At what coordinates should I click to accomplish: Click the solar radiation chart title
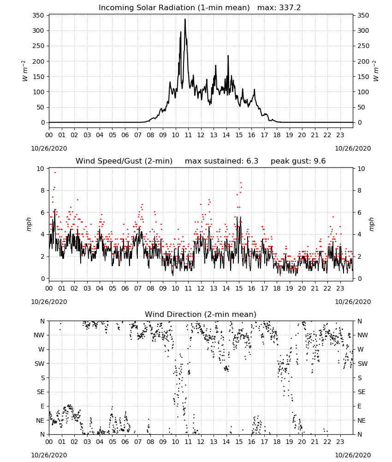pos(200,7)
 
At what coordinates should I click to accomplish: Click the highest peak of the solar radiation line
pos(185,19)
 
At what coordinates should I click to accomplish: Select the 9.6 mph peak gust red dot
pos(55,172)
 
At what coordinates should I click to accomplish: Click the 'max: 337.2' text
pos(279,7)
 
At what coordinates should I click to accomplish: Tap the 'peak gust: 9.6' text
pos(298,161)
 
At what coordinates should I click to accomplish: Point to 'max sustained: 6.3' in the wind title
pos(221,161)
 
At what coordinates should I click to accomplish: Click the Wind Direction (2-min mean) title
pos(201,314)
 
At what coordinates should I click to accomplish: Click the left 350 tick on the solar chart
pos(38,15)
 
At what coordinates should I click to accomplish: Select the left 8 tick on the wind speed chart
pos(42,191)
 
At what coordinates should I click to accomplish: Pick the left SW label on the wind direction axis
pos(40,364)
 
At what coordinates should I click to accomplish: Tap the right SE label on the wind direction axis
pos(362,392)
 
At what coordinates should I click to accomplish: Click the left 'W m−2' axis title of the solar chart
pos(25,71)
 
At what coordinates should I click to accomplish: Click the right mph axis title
pos(371,224)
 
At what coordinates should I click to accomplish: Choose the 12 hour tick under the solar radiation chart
pos(201,135)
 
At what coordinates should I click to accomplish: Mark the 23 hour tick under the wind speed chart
pos(340,288)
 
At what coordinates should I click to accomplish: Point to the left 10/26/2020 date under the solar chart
pos(49,148)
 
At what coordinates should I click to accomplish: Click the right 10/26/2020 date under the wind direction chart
pos(353,455)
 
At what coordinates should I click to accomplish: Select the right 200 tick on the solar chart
pos(363,61)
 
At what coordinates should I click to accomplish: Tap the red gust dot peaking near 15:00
pos(241,182)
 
